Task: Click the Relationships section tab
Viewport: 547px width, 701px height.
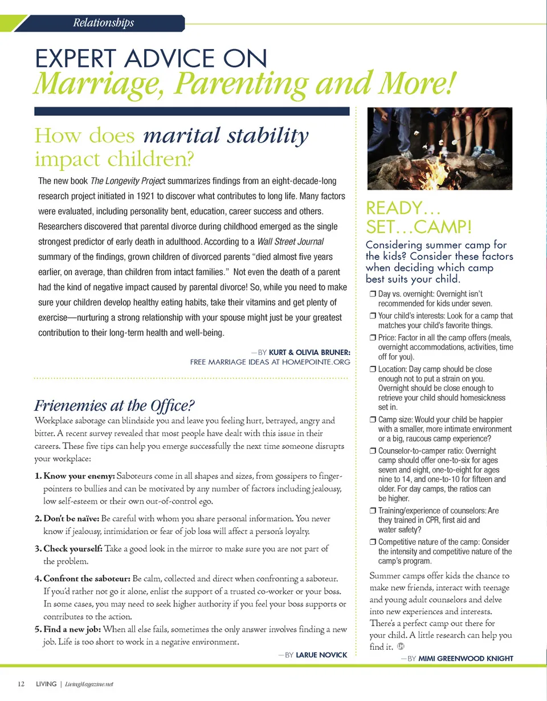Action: (103, 23)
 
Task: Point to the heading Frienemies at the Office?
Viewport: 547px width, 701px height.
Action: (115, 405)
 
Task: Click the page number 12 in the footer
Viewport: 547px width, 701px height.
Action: (21, 684)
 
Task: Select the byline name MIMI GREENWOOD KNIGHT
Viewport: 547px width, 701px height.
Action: (466, 658)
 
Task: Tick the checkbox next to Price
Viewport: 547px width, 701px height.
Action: (372, 337)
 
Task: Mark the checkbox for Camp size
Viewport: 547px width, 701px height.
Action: (372, 420)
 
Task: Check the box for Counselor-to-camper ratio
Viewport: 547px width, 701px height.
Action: (372, 451)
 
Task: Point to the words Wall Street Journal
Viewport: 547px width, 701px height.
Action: (291, 242)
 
